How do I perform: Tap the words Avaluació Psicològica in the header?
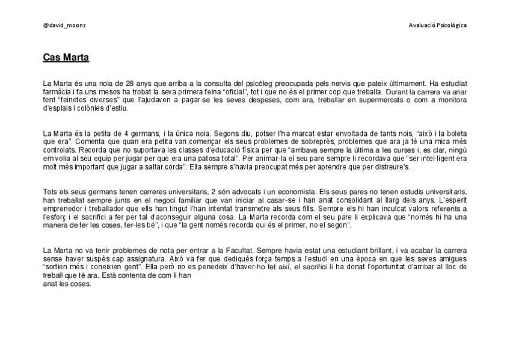[437, 25]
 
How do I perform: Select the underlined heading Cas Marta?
[66, 58]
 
